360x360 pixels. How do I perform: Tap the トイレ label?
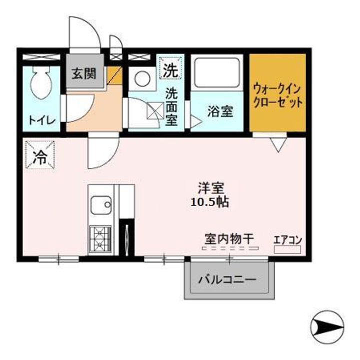click(x=42, y=120)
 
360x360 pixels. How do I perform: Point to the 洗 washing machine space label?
click(x=169, y=70)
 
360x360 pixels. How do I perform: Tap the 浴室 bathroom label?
click(x=220, y=111)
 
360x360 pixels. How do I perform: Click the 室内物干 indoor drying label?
click(x=229, y=238)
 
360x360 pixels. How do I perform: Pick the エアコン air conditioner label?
click(x=287, y=239)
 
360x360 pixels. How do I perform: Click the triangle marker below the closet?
click(x=278, y=144)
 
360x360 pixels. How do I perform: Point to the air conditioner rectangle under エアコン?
click(x=287, y=249)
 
